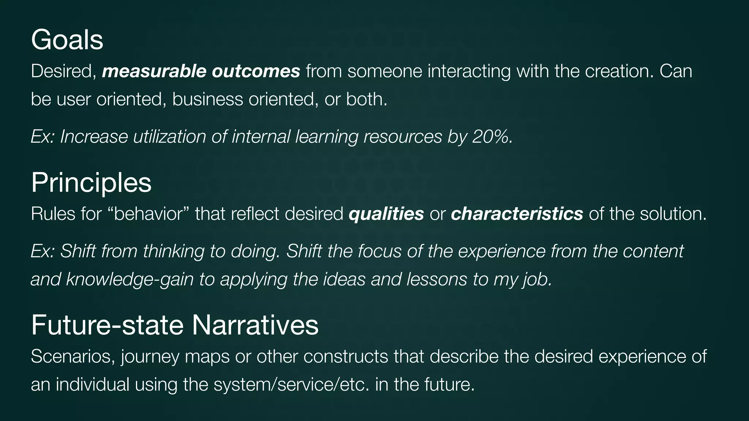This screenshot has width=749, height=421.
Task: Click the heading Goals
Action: point(67,40)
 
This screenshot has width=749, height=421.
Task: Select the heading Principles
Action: point(91,182)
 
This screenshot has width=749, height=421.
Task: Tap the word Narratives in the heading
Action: point(255,325)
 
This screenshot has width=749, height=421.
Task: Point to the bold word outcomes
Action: point(256,71)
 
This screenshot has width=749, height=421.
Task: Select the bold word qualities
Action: point(386,214)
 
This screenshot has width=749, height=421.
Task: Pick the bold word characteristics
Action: point(517,214)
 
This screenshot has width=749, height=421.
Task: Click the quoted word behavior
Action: point(149,214)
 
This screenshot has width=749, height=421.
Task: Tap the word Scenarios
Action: point(72,356)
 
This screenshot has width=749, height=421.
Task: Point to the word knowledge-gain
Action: point(129,280)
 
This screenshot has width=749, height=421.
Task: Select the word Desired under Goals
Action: point(63,71)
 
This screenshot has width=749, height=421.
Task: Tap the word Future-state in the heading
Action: point(107,325)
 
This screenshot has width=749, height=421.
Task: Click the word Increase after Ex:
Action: point(94,137)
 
